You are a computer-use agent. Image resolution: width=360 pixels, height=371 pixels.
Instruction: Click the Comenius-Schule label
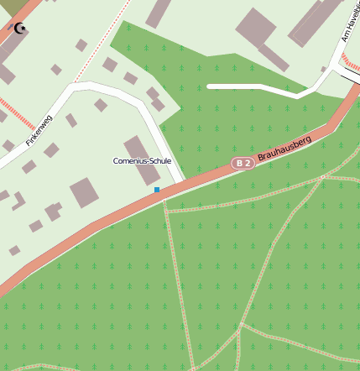[142, 160]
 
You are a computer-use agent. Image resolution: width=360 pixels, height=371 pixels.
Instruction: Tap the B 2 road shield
[243, 163]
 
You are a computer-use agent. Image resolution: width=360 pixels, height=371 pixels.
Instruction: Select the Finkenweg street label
[39, 130]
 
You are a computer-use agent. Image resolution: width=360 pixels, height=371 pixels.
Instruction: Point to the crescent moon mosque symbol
[20, 29]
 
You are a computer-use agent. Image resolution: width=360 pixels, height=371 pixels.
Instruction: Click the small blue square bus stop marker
[157, 191]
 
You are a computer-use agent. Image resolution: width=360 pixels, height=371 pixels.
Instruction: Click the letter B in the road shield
[239, 163]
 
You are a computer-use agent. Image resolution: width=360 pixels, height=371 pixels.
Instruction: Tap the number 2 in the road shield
[248, 163]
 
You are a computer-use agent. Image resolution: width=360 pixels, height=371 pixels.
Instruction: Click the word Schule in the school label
[158, 160]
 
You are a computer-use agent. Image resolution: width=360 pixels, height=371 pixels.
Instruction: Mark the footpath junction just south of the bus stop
[166, 211]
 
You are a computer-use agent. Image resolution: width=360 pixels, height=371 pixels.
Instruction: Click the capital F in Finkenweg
[28, 144]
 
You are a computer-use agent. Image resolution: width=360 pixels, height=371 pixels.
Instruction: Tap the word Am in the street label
[345, 37]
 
